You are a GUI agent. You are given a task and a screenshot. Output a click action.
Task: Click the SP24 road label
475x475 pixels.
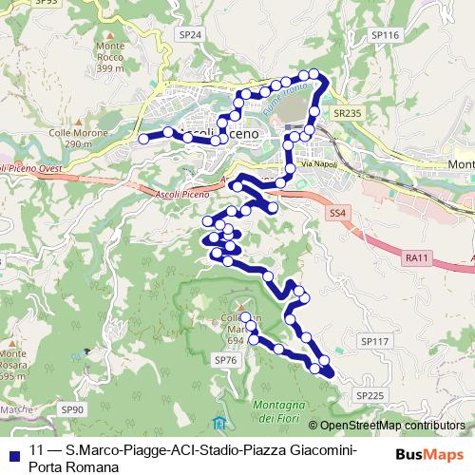tap(190, 34)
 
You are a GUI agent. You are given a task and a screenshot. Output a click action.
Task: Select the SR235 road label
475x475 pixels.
tap(349, 112)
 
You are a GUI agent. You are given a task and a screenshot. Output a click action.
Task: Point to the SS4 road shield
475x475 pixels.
tap(338, 212)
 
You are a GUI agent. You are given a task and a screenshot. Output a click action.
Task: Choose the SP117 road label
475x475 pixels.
tap(375, 340)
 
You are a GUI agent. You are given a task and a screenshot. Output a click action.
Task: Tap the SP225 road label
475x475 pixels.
tap(371, 394)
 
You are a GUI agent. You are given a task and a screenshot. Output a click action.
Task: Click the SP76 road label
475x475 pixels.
tap(225, 360)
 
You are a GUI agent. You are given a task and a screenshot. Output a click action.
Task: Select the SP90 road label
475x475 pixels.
tap(72, 409)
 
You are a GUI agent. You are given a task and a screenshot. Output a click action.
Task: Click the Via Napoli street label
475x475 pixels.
tap(318, 165)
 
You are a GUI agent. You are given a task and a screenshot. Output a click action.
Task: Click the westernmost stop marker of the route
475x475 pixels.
tap(143, 139)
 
